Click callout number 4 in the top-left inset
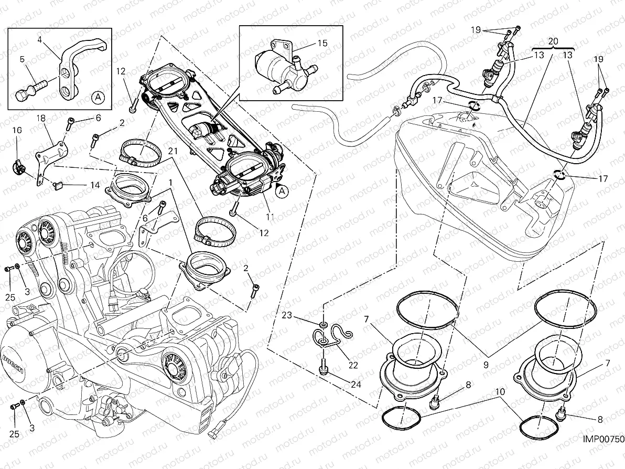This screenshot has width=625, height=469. tap(39, 39)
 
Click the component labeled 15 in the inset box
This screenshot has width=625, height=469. tap(278, 66)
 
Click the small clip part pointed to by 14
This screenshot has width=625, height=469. tap(58, 184)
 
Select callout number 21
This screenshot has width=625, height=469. tap(171, 151)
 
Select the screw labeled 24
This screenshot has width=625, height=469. tap(324, 367)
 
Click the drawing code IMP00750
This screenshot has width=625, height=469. tap(602, 454)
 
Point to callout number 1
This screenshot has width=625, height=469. tap(171, 182)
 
